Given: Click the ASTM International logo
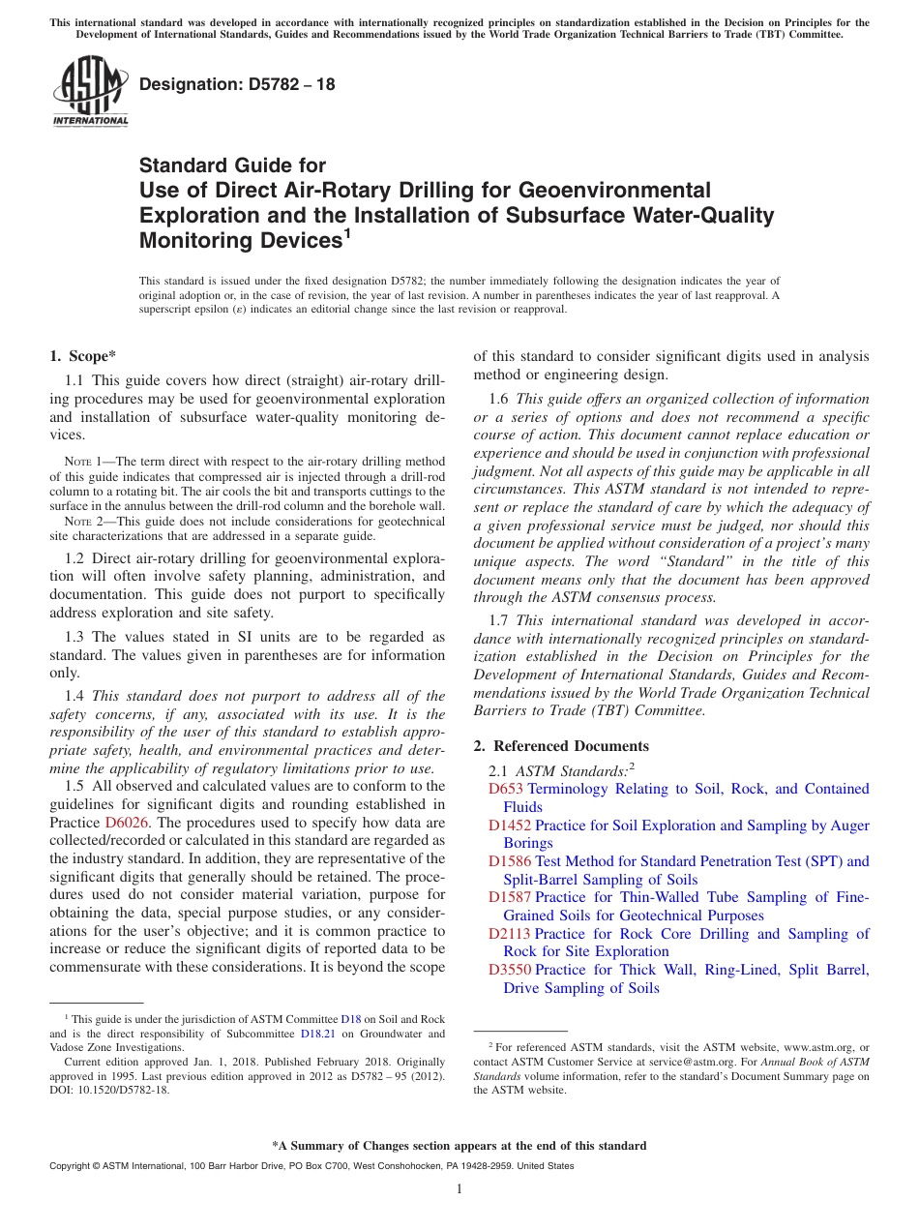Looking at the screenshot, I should pyautogui.click(x=90, y=89).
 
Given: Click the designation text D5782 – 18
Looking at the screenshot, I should pyautogui.click(x=237, y=84).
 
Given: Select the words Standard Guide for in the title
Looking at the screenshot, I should pyautogui.click(x=232, y=165).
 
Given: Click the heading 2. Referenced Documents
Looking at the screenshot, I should pyautogui.click(x=561, y=745).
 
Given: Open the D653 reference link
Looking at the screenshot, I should pyautogui.click(x=506, y=789).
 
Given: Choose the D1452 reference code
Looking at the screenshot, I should pyautogui.click(x=510, y=826).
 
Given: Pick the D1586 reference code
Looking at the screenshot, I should pyautogui.click(x=510, y=861).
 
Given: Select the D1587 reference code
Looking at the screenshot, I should pyautogui.click(x=510, y=897).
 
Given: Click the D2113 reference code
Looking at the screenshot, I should pyautogui.click(x=510, y=934).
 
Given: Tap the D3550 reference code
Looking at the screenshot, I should pyautogui.click(x=510, y=970).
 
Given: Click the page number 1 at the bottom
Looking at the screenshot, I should pyautogui.click(x=459, y=1188).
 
